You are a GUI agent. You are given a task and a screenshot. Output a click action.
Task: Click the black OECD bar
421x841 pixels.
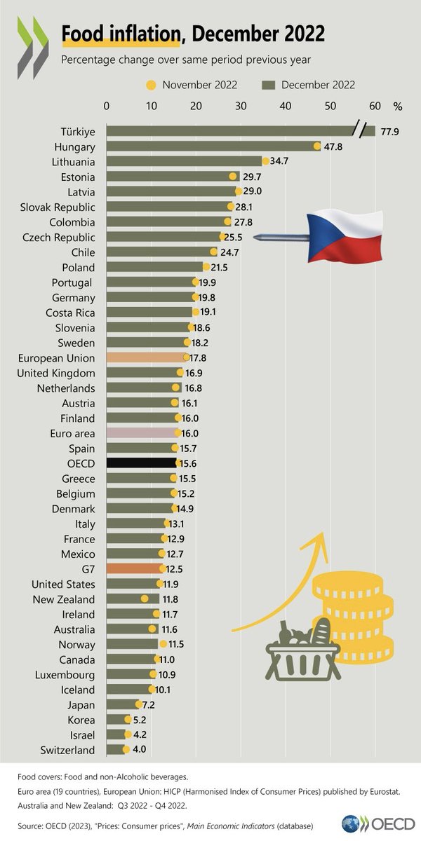[x=141, y=463]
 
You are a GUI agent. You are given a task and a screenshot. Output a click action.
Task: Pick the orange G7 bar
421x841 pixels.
[x=134, y=569]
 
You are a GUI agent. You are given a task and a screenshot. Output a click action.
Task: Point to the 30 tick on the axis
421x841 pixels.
[x=240, y=106]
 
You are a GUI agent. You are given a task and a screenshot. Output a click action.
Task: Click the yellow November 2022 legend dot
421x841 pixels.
[x=150, y=85]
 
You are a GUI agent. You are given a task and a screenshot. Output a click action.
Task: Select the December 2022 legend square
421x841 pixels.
[x=268, y=85]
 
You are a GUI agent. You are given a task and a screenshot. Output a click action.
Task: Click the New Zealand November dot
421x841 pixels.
[x=145, y=599]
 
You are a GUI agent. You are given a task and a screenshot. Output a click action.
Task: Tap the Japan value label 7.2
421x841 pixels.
[x=152, y=704]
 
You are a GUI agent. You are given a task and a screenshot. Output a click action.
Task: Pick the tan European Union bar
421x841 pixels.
[x=145, y=357]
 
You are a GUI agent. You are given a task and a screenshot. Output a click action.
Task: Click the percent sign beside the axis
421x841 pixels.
[x=398, y=106]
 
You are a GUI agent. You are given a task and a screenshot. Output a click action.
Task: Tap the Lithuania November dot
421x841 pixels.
[x=266, y=161]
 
